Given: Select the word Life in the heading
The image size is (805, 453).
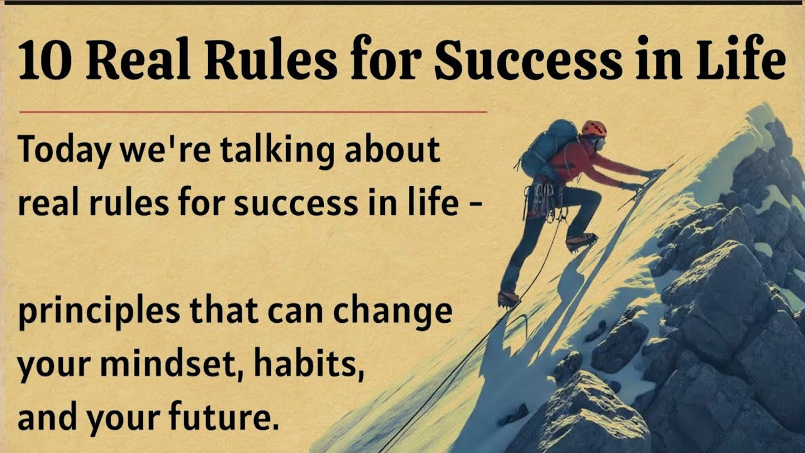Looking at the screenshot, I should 741,62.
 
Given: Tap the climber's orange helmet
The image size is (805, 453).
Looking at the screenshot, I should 593,128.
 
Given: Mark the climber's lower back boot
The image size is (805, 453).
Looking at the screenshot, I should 508,298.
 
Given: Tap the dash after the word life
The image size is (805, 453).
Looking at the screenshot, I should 476,205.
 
